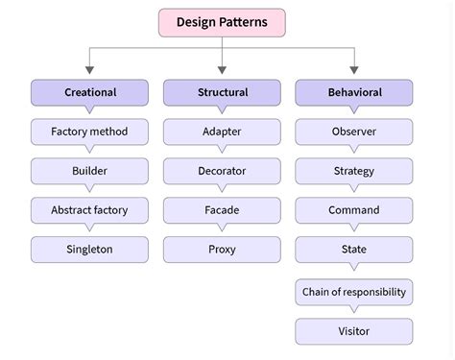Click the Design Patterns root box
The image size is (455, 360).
(222, 22)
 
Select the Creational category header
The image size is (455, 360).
(89, 92)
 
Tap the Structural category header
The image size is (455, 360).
(222, 92)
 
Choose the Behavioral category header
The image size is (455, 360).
(353, 92)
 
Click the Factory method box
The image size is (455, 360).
(89, 132)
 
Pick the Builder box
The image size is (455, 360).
(89, 171)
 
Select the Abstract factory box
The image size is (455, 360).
(89, 210)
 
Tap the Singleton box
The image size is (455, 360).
(89, 250)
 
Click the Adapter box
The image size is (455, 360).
(222, 132)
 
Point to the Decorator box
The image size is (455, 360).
(222, 171)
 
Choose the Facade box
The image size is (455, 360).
(222, 210)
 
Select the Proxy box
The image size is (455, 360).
(222, 250)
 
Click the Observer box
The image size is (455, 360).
(353, 132)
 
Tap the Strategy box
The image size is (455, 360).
(353, 171)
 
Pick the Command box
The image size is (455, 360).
(353, 210)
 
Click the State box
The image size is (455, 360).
(353, 250)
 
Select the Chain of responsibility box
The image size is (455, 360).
(353, 292)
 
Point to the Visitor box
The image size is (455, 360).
(353, 332)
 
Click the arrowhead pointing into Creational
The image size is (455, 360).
(89, 70)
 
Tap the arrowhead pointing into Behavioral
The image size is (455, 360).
(353, 70)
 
